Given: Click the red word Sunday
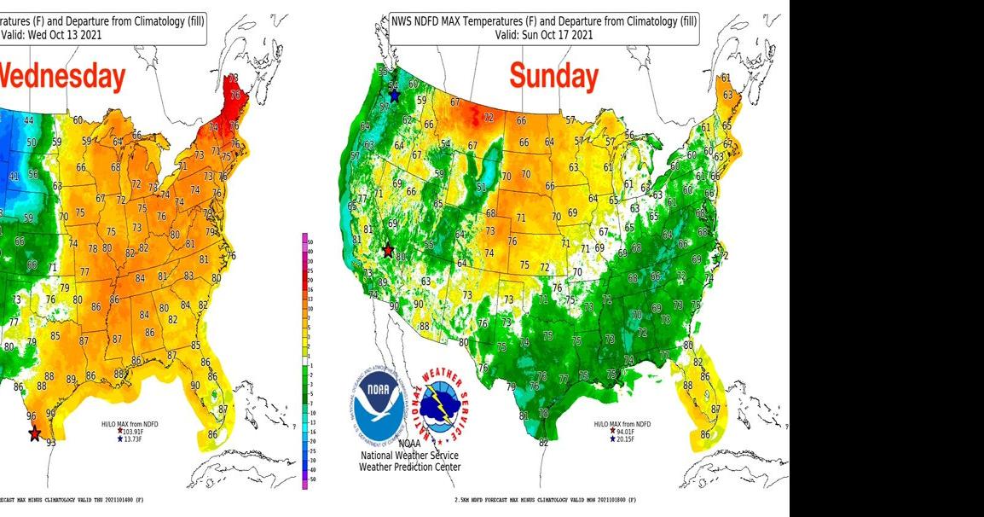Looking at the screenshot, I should point(553,77).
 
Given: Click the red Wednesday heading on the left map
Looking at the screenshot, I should point(62,77).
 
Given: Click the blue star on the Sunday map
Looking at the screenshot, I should point(394,96).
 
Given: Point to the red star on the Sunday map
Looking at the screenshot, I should point(388,251).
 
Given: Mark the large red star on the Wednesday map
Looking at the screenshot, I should point(34,434).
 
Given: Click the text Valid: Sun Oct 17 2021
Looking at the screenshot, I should point(545,35).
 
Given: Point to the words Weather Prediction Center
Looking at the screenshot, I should point(409,467).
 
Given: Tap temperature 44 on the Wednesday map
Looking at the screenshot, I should point(28,121).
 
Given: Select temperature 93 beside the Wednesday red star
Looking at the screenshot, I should point(51,442).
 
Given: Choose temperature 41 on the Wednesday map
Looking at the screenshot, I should point(13,177).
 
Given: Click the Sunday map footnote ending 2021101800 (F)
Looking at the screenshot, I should point(546,499).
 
